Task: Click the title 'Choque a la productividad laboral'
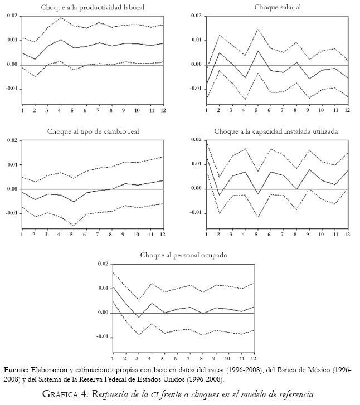93,7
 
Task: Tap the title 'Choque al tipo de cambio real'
93,131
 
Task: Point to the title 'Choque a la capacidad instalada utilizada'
276,131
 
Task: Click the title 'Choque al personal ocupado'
183,255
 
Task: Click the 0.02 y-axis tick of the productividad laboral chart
12,16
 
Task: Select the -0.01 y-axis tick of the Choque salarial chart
195,89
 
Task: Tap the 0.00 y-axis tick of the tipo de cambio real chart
12,189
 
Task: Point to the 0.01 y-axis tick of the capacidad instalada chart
196,164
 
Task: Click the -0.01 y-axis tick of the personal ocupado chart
103,336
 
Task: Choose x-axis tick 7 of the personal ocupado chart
188,357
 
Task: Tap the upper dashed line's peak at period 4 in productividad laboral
61,18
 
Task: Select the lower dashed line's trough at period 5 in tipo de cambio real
74,226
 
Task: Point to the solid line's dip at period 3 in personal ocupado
138,318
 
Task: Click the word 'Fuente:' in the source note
16,370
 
